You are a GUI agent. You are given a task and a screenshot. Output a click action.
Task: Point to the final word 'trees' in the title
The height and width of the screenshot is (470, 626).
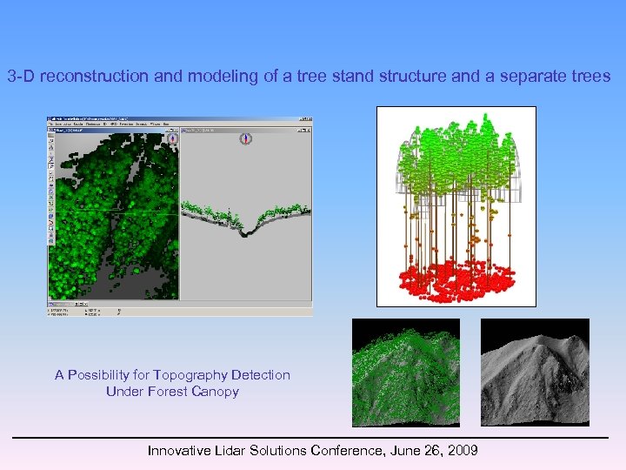pyautogui.click(x=592, y=77)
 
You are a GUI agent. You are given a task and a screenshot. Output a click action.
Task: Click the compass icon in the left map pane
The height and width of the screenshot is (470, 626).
pyautogui.click(x=172, y=138)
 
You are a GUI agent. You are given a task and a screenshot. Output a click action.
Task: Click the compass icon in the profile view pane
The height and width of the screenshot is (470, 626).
pyautogui.click(x=245, y=138)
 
